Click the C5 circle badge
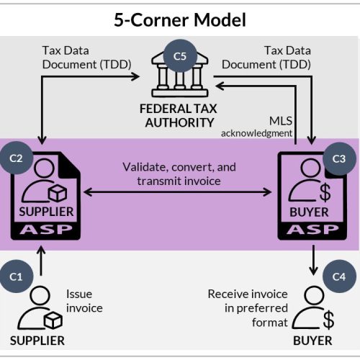click(x=180, y=56)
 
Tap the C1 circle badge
click(x=16, y=276)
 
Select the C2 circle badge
click(x=16, y=158)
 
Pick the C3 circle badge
click(x=339, y=158)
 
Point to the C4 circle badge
click(x=339, y=276)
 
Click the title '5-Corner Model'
click(x=180, y=19)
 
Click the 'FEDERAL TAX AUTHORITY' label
click(x=179, y=116)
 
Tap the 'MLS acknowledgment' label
click(x=256, y=127)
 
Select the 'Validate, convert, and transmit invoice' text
click(x=179, y=174)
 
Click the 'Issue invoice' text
click(x=84, y=301)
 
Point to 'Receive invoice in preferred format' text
click(x=248, y=308)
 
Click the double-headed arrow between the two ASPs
click(x=178, y=192)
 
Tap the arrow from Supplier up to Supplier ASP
click(x=41, y=261)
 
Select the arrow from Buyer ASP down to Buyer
click(x=313, y=261)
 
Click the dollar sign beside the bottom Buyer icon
click(x=328, y=320)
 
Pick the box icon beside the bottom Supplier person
click(x=53, y=320)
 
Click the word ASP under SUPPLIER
click(x=46, y=230)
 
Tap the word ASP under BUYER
click(x=312, y=230)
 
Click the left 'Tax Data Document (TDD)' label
click(x=86, y=58)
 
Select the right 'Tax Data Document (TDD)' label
click(x=266, y=58)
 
